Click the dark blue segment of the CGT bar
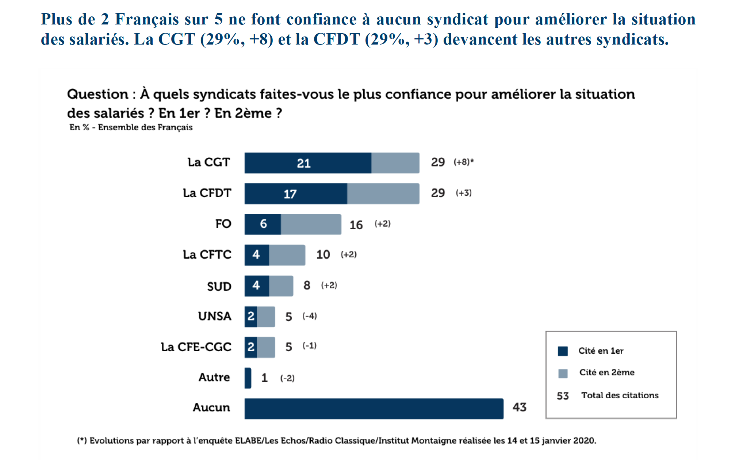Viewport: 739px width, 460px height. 308,163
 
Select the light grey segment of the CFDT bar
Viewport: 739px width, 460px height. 383,193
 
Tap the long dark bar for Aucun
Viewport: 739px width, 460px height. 374,409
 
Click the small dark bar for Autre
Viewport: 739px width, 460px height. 248,378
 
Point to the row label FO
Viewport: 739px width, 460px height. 223,224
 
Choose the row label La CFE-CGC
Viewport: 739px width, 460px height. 196,347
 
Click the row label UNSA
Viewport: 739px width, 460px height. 215,316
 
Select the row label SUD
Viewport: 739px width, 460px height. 219,287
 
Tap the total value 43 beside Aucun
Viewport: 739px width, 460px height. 519,407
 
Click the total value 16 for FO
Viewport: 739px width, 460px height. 356,225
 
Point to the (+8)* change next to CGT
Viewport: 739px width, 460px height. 463,162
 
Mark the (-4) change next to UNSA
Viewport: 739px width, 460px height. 310,316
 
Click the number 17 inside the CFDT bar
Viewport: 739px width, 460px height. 290,194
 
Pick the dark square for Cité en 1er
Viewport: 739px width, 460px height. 563,351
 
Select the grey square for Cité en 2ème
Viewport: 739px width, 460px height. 563,373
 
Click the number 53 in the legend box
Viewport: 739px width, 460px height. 563,396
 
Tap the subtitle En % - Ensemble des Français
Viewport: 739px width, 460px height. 131,127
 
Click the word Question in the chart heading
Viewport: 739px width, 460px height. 97,94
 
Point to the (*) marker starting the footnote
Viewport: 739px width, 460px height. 82,441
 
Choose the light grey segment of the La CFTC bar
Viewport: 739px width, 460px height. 287,255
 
